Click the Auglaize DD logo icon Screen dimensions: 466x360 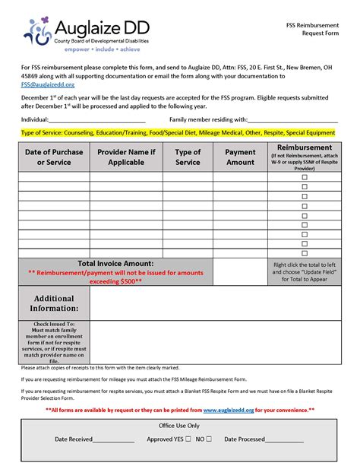click(38, 28)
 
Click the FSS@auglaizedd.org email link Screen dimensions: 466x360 click(42, 85)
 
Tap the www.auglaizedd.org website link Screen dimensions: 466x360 click(228, 410)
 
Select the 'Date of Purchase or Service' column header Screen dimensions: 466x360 click(54, 157)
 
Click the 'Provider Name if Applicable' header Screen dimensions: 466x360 click(126, 157)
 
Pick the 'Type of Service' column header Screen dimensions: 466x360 click(188, 157)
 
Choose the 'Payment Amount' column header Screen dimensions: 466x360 click(240, 157)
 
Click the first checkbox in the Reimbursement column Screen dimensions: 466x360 click(305, 176)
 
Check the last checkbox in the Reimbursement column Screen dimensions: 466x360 click(305, 253)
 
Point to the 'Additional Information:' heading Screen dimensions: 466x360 click(54, 303)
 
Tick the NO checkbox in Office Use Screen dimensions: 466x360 click(208, 439)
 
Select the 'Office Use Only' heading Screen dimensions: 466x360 click(179, 426)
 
